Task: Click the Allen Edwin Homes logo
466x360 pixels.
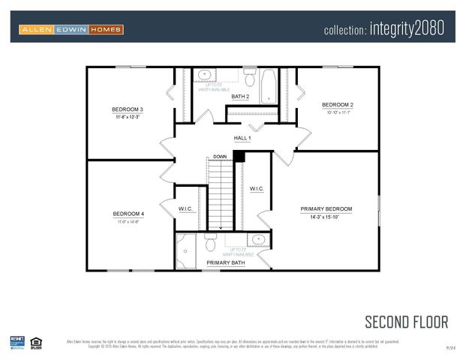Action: point(71,30)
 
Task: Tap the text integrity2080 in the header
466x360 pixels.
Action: point(407,29)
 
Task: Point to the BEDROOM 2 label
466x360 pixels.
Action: point(338,104)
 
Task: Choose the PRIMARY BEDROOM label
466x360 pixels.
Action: point(326,208)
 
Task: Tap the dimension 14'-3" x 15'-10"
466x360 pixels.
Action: point(326,217)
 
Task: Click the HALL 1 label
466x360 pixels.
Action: point(242,138)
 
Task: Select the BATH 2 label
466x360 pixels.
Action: point(240,97)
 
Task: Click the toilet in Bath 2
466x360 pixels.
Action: point(250,79)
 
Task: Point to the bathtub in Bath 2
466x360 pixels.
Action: point(268,85)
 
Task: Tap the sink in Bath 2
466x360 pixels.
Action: point(203,75)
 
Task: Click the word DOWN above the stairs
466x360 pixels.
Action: point(219,157)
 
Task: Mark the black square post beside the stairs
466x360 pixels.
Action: point(239,156)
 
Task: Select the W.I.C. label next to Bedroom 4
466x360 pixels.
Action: point(186,208)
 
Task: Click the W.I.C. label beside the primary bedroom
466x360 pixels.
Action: point(257,189)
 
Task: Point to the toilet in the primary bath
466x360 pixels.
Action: point(211,242)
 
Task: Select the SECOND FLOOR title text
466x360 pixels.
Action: point(406,322)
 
